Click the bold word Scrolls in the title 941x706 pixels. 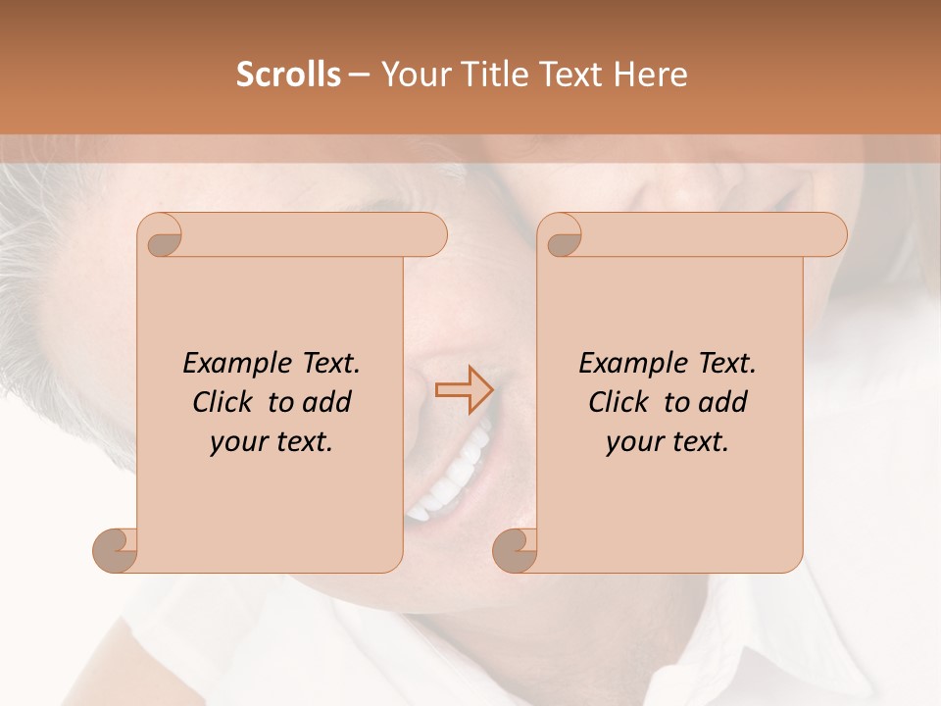click(x=289, y=75)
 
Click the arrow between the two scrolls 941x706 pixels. click(x=464, y=390)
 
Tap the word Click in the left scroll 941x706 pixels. click(x=224, y=402)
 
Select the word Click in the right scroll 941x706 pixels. click(x=620, y=402)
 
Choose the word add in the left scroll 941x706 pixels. click(x=326, y=402)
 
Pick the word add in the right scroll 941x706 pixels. click(x=722, y=402)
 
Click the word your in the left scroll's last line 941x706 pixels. click(x=238, y=442)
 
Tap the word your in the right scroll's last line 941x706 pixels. click(x=634, y=442)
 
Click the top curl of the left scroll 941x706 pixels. click(x=161, y=235)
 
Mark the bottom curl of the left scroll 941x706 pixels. click(x=115, y=550)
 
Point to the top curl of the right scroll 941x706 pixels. click(x=561, y=235)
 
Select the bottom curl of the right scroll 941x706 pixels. click(x=515, y=550)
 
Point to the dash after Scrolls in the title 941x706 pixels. click(x=359, y=75)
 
